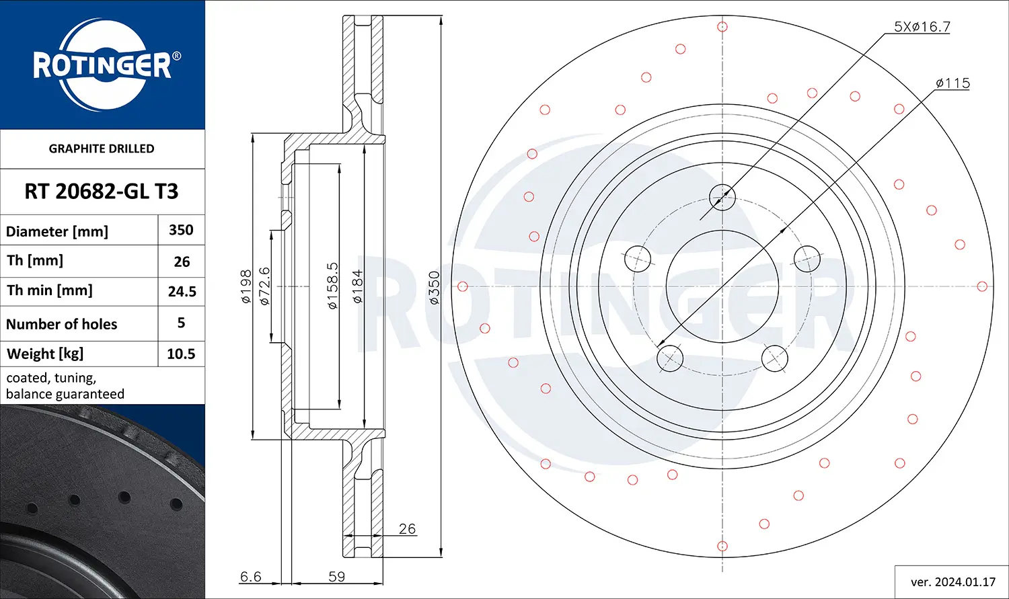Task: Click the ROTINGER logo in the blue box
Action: pyautogui.click(x=102, y=65)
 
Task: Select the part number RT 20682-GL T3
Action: pyautogui.click(x=102, y=192)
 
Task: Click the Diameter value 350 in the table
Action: pyautogui.click(x=181, y=230)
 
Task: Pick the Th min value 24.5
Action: pyautogui.click(x=182, y=292)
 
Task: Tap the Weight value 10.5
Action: pyautogui.click(x=181, y=354)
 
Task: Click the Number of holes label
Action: pyautogui.click(x=62, y=324)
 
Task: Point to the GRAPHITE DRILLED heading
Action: pyautogui.click(x=102, y=149)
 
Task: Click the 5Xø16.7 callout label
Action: pyautogui.click(x=922, y=27)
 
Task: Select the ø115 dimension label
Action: pyautogui.click(x=952, y=83)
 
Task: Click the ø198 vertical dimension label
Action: pyautogui.click(x=246, y=287)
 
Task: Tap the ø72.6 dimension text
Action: pyautogui.click(x=264, y=287)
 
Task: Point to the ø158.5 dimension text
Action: pyautogui.click(x=332, y=287)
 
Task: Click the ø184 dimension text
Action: pyautogui.click(x=357, y=287)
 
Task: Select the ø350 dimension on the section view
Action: pyautogui.click(x=434, y=288)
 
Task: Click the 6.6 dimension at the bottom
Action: pyautogui.click(x=250, y=577)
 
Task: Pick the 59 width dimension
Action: pyautogui.click(x=336, y=577)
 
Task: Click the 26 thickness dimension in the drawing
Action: pyautogui.click(x=407, y=529)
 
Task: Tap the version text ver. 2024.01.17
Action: pyautogui.click(x=952, y=582)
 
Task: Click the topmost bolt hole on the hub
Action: pyautogui.click(x=722, y=197)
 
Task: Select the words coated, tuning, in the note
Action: pyautogui.click(x=51, y=378)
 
